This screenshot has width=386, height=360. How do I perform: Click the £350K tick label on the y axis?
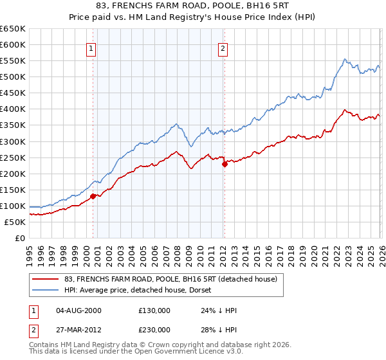pyautogui.click(x=13, y=125)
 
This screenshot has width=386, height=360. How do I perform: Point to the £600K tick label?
pyautogui.click(x=13, y=44)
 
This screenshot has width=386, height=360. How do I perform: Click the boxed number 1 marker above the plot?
pyautogui.click(x=91, y=48)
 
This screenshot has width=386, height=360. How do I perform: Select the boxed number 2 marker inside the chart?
pyautogui.click(x=223, y=48)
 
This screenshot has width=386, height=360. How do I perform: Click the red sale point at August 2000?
pyautogui.click(x=93, y=196)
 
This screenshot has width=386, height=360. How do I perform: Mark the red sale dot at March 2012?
pyautogui.click(x=225, y=164)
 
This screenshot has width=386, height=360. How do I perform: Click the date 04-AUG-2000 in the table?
pyautogui.click(x=78, y=310)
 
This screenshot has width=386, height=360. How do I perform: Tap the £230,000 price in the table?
pyautogui.click(x=154, y=329)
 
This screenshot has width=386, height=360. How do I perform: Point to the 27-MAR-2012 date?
pyautogui.click(x=78, y=329)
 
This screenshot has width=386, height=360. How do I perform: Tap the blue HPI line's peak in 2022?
pyautogui.click(x=345, y=59)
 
